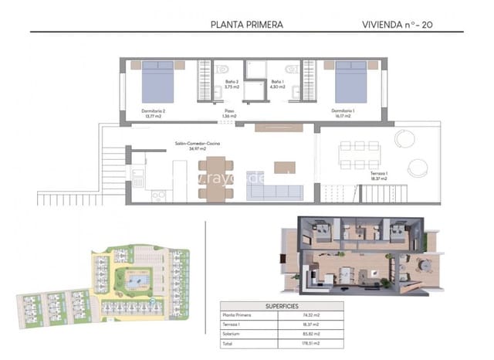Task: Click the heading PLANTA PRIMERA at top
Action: (x=247, y=24)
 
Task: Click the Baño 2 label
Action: (x=231, y=83)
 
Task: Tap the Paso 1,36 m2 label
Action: (x=229, y=114)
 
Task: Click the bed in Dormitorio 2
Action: (x=159, y=80)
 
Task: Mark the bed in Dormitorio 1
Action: (x=350, y=80)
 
